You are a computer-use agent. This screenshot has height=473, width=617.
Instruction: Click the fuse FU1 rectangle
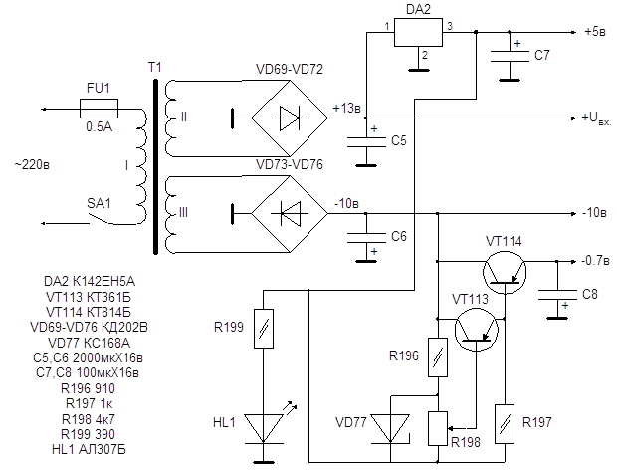[99, 109]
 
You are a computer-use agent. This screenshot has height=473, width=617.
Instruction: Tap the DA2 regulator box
[418, 32]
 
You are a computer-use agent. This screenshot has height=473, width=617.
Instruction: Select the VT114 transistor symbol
[505, 272]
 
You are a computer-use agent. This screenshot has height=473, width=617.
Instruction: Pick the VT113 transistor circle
[477, 330]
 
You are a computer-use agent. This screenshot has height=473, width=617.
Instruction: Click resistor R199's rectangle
[264, 329]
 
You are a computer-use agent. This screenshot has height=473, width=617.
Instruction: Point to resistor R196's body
[438, 357]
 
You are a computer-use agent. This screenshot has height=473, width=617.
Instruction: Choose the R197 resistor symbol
[505, 424]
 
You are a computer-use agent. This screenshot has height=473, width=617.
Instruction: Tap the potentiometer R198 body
[438, 428]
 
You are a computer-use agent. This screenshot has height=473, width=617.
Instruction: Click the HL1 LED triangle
[264, 428]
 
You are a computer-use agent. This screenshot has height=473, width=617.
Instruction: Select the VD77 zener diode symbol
[391, 428]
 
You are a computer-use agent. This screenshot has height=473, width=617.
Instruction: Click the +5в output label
[595, 32]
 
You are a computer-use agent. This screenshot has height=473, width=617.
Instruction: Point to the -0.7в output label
[596, 260]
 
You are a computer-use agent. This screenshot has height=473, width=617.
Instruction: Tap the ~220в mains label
[32, 164]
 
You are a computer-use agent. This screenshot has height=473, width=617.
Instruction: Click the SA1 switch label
[99, 203]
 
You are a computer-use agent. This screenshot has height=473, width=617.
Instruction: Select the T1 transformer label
[155, 68]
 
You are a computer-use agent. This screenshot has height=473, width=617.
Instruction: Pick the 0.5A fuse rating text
[100, 126]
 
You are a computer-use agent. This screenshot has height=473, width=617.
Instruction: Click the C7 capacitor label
[542, 55]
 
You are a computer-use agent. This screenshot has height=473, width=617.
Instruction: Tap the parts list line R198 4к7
[89, 419]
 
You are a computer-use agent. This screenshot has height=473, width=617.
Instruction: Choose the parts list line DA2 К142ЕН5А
[90, 281]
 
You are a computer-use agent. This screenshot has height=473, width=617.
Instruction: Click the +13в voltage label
[346, 108]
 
